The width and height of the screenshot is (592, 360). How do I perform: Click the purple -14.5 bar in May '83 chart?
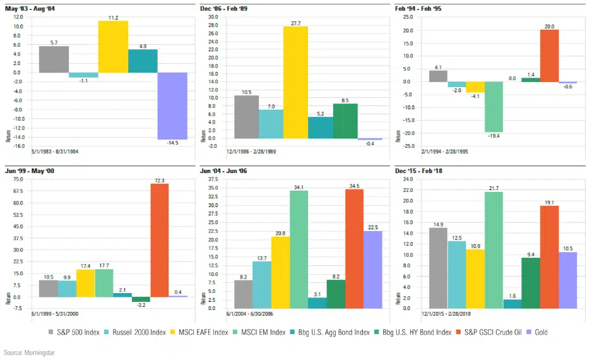pyautogui.click(x=172, y=105)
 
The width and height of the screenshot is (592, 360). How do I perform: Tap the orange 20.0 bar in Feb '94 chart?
pyautogui.click(x=549, y=56)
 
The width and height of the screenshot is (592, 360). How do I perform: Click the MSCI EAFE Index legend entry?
pyautogui.click(x=201, y=332)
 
